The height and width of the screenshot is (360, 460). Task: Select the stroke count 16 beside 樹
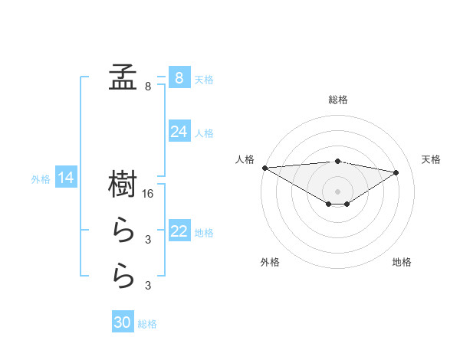click(149, 194)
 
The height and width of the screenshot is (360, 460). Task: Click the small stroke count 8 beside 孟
click(148, 87)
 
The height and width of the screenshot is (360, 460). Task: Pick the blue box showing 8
click(179, 77)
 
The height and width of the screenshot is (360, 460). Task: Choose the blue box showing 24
click(179, 132)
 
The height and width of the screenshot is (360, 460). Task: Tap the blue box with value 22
click(179, 231)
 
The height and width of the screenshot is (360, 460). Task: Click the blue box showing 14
click(66, 178)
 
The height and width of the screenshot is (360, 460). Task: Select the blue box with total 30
click(123, 322)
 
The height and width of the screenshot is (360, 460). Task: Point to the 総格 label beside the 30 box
click(147, 324)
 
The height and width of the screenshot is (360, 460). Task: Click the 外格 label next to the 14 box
click(41, 179)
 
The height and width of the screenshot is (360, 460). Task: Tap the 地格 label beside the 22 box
click(205, 232)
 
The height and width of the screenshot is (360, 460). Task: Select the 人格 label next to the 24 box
click(205, 133)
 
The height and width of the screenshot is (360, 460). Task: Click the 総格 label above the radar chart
click(338, 100)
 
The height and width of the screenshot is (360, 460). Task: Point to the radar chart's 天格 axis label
click(432, 159)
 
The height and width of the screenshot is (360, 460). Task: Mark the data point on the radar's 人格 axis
click(264, 167)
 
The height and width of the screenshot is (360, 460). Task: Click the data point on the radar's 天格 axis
click(396, 172)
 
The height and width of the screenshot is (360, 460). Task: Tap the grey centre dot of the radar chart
click(337, 191)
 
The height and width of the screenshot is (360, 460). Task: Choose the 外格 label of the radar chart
click(270, 262)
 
